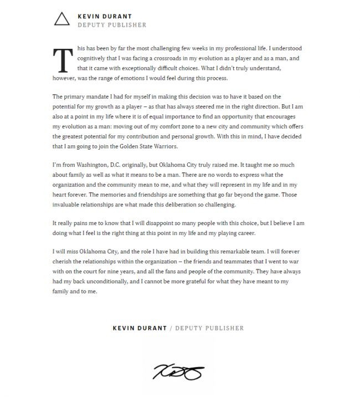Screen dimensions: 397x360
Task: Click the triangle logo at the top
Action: pos(61,20)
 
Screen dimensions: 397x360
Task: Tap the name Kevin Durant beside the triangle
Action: pos(105,16)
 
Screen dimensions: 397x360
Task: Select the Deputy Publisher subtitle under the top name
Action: pos(112,25)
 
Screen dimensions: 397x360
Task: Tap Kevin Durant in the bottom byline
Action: pos(140,328)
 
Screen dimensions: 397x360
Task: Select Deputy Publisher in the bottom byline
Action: pos(210,328)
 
